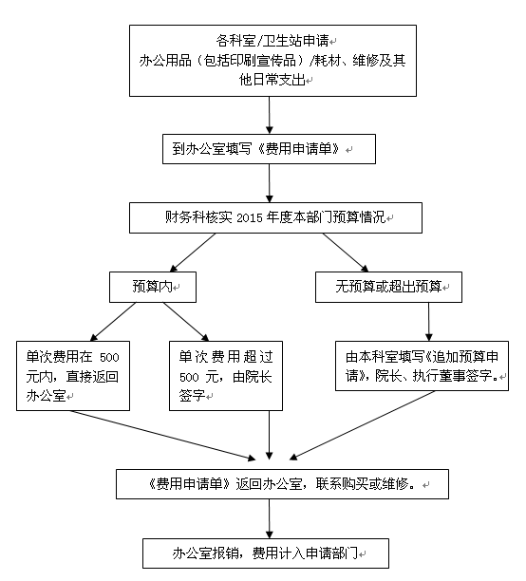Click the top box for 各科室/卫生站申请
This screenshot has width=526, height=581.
[x=272, y=61]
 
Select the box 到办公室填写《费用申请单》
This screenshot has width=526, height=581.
[x=269, y=149]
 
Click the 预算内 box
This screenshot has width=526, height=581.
[x=153, y=287]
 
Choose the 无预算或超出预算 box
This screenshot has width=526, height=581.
[x=388, y=287]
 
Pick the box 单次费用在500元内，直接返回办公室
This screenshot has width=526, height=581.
[x=73, y=376]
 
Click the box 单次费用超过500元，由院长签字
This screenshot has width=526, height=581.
[x=226, y=376]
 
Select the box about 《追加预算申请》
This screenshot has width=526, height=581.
[x=422, y=365]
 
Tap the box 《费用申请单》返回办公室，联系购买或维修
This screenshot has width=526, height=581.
[x=282, y=484]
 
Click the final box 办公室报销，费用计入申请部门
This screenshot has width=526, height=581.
[x=266, y=553]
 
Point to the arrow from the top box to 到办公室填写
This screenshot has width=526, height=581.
[x=270, y=115]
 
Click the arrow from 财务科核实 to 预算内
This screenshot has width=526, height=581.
[x=193, y=253]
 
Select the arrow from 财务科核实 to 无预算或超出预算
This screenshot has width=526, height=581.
[x=346, y=253]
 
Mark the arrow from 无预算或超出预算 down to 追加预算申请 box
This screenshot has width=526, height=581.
[x=429, y=322]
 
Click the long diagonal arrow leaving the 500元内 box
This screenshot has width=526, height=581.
[x=162, y=436]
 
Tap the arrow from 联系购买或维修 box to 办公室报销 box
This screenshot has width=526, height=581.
[x=270, y=518]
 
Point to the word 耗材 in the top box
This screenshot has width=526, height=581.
[x=328, y=61]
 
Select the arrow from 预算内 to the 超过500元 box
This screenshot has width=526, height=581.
[x=186, y=322]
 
